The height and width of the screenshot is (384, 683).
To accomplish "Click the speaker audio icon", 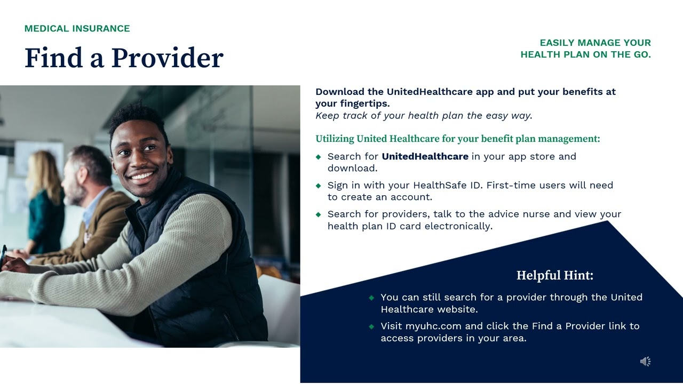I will tap(645, 362).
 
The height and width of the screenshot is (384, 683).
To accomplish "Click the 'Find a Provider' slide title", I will tap(124, 58).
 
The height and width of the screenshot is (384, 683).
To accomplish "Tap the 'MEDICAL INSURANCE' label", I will tap(77, 29).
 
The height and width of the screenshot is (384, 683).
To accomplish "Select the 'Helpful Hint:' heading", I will tap(554, 275).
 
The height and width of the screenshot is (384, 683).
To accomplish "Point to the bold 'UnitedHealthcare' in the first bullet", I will tap(425, 156).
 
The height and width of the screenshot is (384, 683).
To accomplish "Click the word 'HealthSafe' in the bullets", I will tap(435, 185).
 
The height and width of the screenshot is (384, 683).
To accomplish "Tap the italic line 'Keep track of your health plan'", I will tap(424, 115).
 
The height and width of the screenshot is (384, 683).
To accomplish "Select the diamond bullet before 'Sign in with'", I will tap(319, 186).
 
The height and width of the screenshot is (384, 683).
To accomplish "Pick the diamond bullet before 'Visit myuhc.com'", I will tap(371, 326).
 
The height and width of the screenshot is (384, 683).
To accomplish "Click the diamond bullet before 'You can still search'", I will tap(371, 298).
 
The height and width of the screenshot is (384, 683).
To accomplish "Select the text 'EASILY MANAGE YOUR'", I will tap(595, 43).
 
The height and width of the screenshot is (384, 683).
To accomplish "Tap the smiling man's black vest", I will tap(224, 267).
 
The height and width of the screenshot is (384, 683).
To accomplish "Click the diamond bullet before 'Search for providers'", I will tap(319, 214).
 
